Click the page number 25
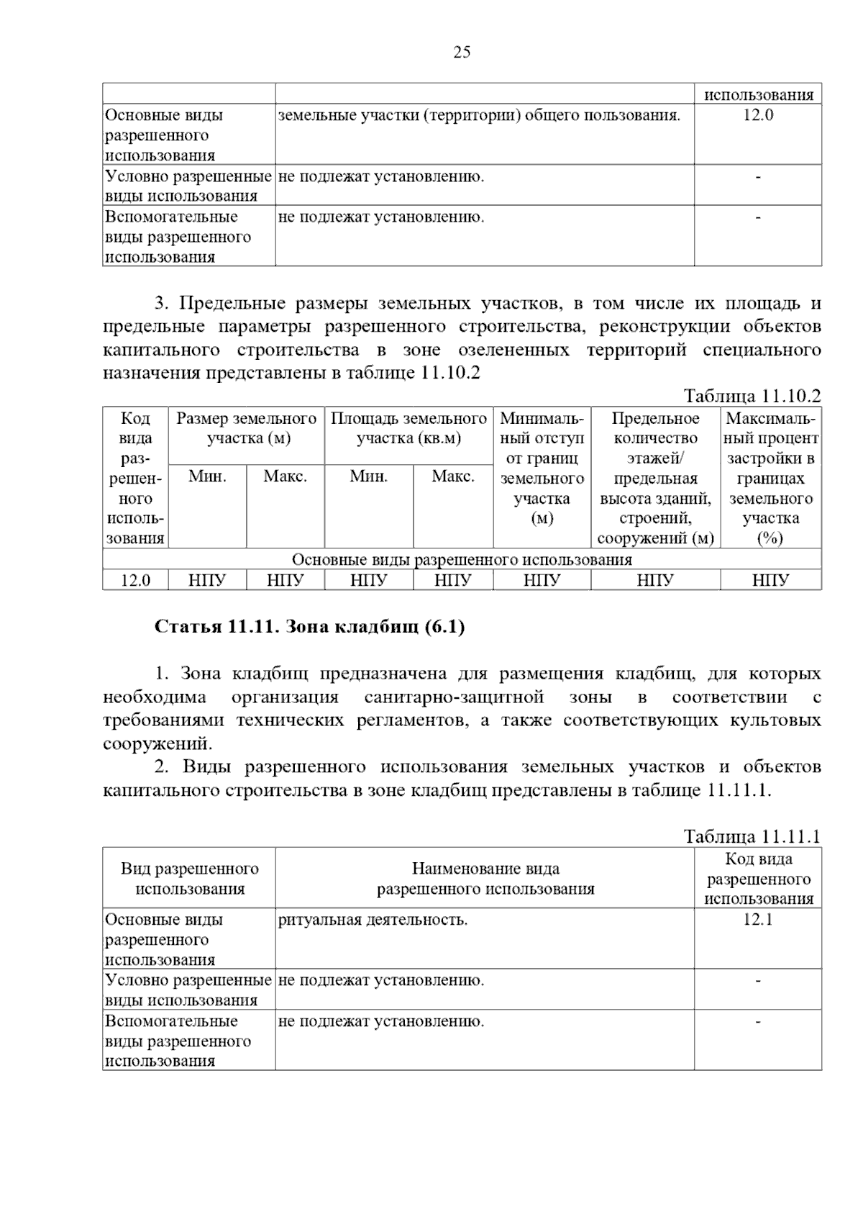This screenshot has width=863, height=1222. [x=462, y=52]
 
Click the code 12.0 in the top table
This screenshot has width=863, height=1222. [x=758, y=115]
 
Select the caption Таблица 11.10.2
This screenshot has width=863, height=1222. [x=752, y=396]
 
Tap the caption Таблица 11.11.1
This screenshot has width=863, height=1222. [x=752, y=836]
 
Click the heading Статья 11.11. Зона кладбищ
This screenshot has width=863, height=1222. [x=310, y=627]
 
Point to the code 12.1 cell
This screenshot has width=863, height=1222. [x=758, y=920]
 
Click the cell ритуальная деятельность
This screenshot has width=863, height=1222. [x=373, y=920]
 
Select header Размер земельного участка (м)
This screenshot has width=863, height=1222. [x=247, y=429]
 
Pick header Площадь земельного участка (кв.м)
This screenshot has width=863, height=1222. [x=408, y=429]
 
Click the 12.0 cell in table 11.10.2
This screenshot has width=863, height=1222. [x=135, y=580]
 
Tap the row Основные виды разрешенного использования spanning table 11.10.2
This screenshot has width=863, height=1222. [x=462, y=559]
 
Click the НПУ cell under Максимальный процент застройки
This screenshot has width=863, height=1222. [x=770, y=580]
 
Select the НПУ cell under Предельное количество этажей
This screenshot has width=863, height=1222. [x=655, y=580]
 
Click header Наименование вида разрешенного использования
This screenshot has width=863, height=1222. [x=485, y=879]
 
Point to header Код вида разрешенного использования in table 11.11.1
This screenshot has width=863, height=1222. [x=758, y=879]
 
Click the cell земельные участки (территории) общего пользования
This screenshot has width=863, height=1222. [x=479, y=115]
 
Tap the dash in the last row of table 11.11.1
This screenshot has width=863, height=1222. [x=758, y=1021]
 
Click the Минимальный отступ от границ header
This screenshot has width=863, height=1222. [x=542, y=468]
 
